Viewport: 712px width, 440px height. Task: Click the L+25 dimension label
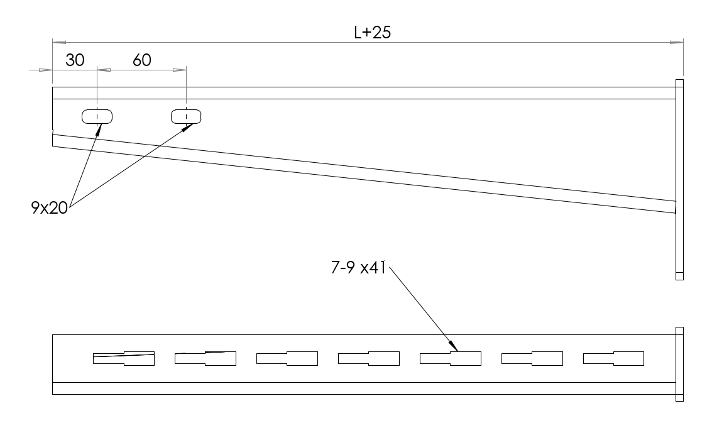[x=373, y=32]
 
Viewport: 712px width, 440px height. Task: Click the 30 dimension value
[x=75, y=60]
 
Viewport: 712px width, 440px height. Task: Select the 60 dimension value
[x=141, y=60]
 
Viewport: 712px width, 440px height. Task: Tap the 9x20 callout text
[x=49, y=208]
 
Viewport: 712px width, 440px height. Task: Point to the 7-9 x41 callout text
[x=358, y=268]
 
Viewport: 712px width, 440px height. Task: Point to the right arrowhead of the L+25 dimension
[x=677, y=43]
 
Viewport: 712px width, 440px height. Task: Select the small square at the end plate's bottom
[x=680, y=276]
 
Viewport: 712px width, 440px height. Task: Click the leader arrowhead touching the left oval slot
[x=98, y=129]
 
